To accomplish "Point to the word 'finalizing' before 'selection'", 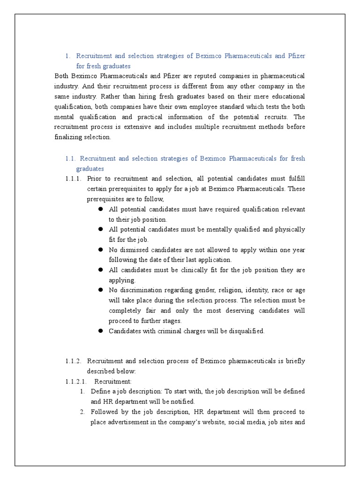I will pos(69,137).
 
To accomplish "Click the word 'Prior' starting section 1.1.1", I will pos(95,179).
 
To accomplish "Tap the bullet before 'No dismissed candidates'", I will pos(100,250).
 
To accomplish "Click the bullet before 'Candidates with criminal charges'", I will pos(100,331).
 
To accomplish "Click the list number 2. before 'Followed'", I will pos(82,412).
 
